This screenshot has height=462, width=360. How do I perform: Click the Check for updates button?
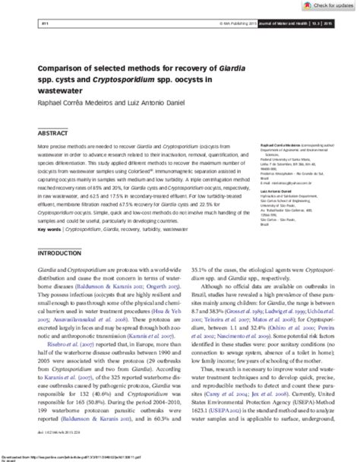[328, 7]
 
